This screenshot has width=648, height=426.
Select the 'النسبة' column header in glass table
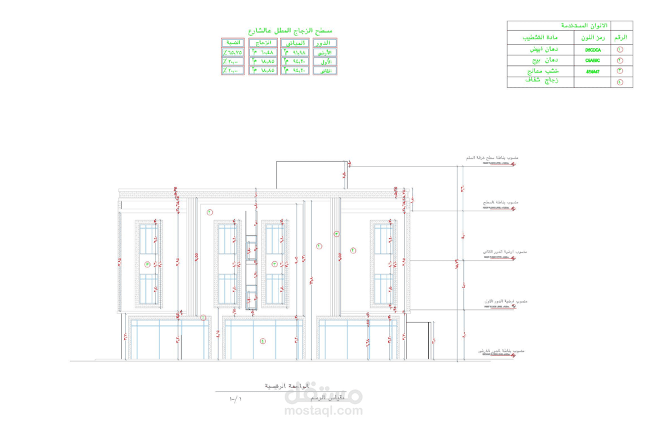click(233, 43)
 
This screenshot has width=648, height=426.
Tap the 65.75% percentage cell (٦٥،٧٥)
click(233, 51)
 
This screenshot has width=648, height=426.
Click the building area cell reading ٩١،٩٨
click(294, 51)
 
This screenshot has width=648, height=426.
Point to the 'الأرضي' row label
click(325, 52)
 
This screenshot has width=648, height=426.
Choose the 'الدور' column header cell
click(325, 43)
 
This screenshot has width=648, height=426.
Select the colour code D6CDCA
click(593, 50)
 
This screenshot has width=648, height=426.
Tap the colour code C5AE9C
click(593, 61)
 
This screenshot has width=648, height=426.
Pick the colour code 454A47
click(593, 71)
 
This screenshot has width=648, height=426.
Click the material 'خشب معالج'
click(541, 71)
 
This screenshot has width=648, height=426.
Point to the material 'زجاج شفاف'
click(541, 81)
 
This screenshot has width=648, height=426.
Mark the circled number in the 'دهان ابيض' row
click(621, 50)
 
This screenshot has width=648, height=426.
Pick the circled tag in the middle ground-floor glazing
click(263, 341)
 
